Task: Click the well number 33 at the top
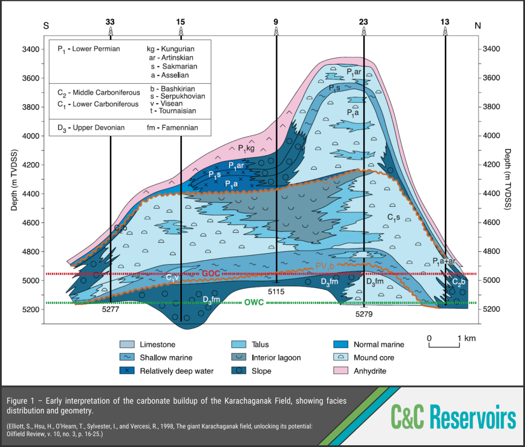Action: click(110, 22)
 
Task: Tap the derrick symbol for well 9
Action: click(276, 31)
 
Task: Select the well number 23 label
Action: click(363, 22)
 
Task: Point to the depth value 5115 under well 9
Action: click(276, 291)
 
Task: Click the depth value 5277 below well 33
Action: click(111, 309)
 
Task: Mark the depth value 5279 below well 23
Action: click(364, 314)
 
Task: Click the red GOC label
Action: click(210, 274)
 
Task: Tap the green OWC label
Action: click(254, 303)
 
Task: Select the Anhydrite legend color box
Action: click(341, 371)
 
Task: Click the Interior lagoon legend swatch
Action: click(239, 358)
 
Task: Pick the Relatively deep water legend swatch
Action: click(127, 371)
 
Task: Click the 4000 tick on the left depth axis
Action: click(31, 136)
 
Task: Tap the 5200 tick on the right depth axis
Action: click(491, 309)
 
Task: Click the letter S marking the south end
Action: click(46, 26)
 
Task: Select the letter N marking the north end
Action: click(478, 26)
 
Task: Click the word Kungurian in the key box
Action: click(178, 49)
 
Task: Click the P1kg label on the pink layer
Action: click(246, 149)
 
